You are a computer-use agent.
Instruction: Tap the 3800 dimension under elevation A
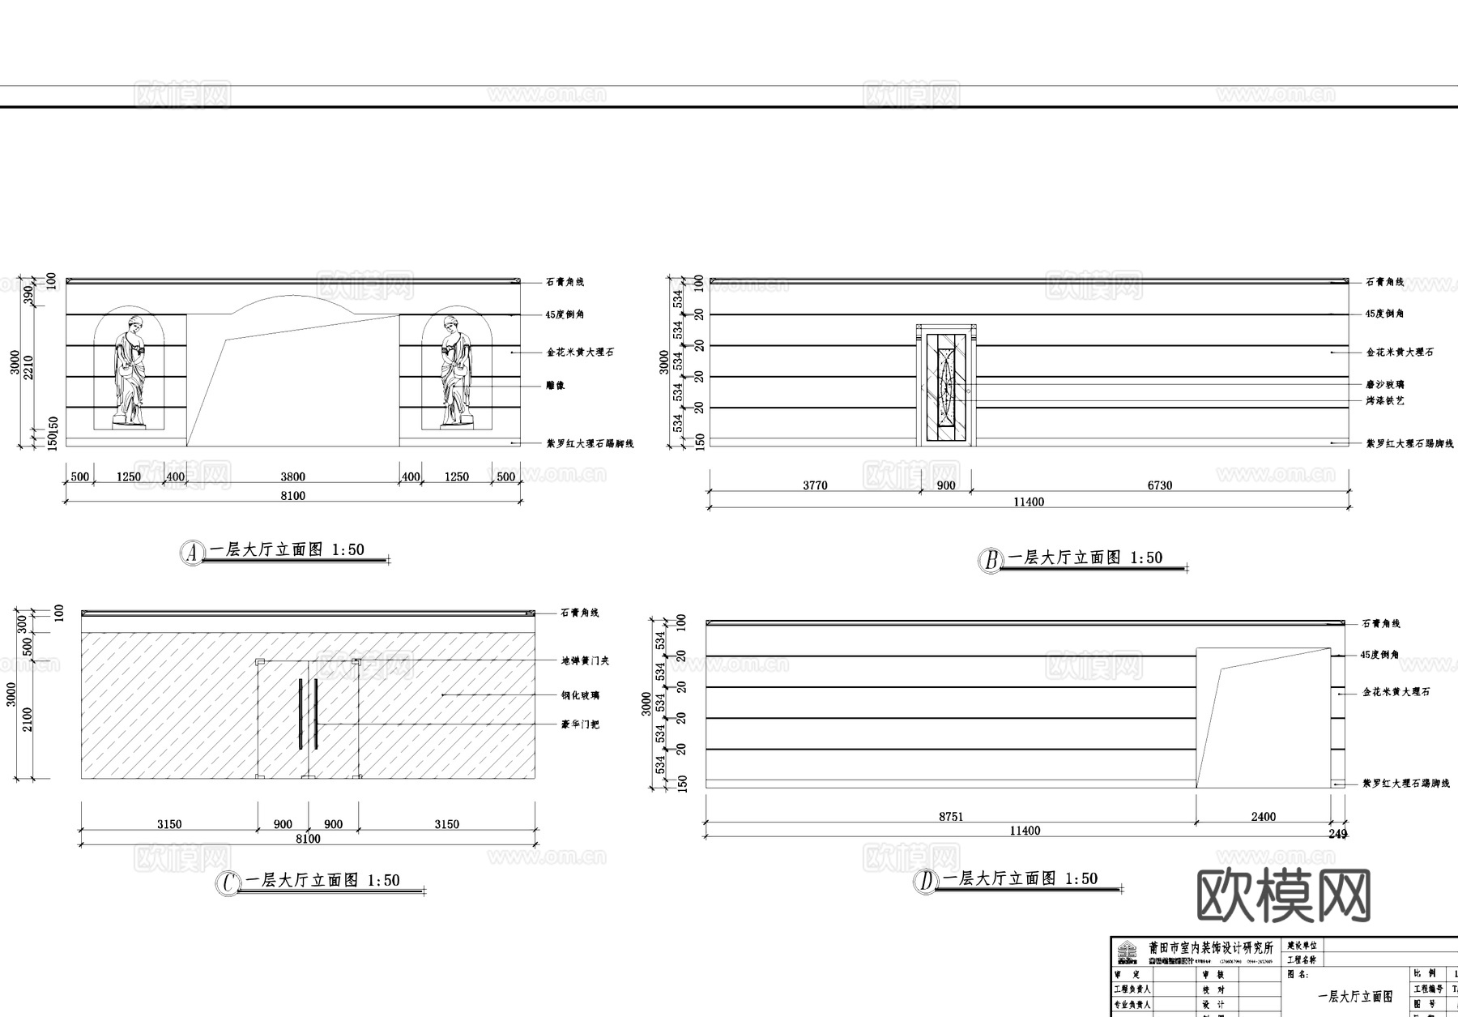point(292,477)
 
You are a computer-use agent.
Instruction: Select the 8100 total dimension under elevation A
point(292,496)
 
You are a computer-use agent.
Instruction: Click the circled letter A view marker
point(191,553)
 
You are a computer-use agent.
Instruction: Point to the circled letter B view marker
point(990,560)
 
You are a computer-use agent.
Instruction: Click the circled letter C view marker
point(228,882)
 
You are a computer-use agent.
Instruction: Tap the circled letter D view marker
point(925,881)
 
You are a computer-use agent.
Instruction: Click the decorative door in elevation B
point(946,386)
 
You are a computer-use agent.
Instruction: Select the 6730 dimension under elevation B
point(1159,485)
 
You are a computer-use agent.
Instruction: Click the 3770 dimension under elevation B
point(815,485)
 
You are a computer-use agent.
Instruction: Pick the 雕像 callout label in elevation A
point(555,386)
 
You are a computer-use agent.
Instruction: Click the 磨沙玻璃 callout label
point(1384,385)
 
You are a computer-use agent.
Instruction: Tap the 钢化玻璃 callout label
point(580,695)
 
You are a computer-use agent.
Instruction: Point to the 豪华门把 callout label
point(580,724)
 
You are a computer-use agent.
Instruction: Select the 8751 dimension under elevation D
point(951,817)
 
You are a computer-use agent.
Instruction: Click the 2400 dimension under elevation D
point(1263,817)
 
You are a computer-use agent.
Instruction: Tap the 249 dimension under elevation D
point(1337,833)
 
